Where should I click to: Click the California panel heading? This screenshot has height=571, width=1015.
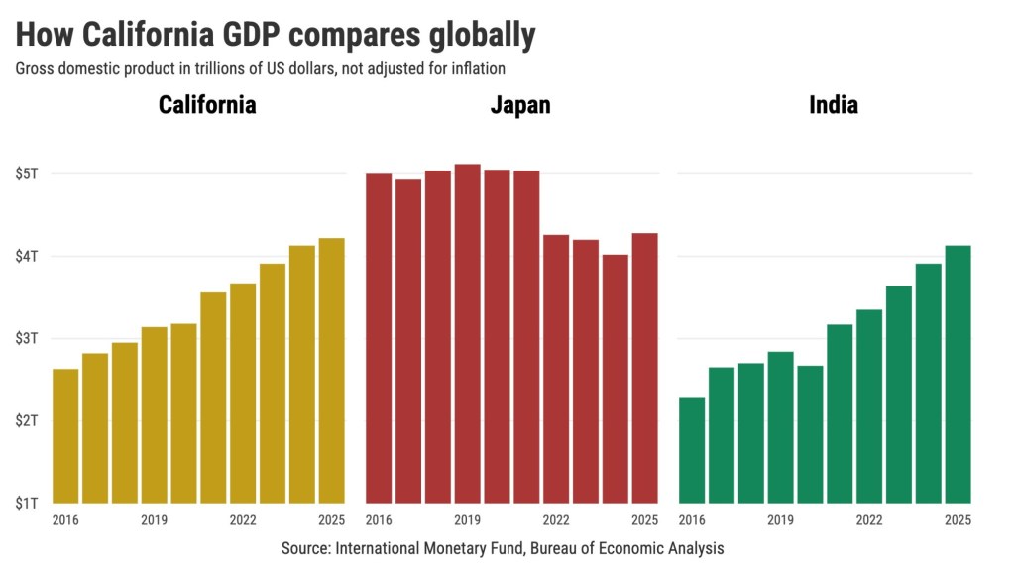pyautogui.click(x=207, y=105)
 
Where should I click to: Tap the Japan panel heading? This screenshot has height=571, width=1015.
pyautogui.click(x=520, y=105)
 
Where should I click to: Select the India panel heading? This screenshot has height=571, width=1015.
pyautogui.click(x=834, y=105)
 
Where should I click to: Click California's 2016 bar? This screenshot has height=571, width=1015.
pyautogui.click(x=65, y=436)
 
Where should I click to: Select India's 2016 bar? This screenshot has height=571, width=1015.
pyautogui.click(x=692, y=450)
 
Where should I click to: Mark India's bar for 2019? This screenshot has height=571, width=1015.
pyautogui.click(x=780, y=427)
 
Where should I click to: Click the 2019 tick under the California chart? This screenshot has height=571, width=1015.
pyautogui.click(x=154, y=520)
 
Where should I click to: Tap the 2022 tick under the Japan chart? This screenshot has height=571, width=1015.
pyautogui.click(x=556, y=520)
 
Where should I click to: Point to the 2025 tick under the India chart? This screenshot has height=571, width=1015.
pyautogui.click(x=958, y=520)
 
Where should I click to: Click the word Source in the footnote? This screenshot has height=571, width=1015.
pyautogui.click(x=305, y=548)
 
